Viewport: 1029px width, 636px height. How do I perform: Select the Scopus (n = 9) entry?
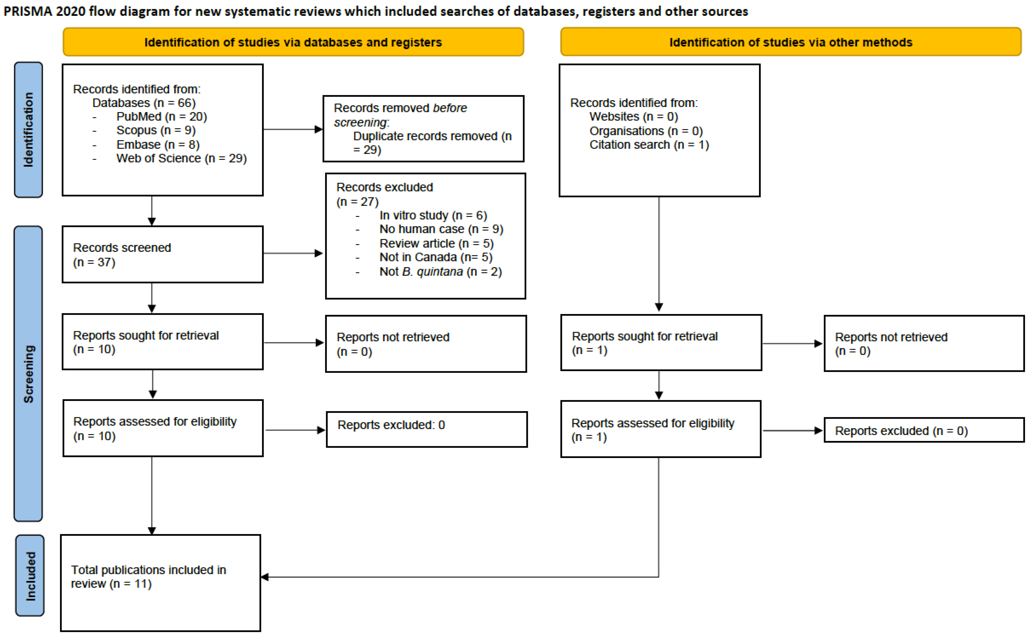click(156, 131)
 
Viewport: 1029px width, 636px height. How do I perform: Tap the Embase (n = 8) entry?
click(158, 145)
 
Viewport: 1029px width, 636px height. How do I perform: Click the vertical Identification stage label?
click(28, 130)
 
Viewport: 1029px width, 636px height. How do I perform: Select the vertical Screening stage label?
click(28, 374)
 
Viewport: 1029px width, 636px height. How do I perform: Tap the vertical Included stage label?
click(30, 576)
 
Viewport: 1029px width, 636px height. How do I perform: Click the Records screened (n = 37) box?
click(162, 255)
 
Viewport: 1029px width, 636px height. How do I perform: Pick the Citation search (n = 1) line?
click(649, 145)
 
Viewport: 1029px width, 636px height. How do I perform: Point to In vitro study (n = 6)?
click(433, 215)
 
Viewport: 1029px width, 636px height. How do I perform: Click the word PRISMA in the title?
click(28, 11)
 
